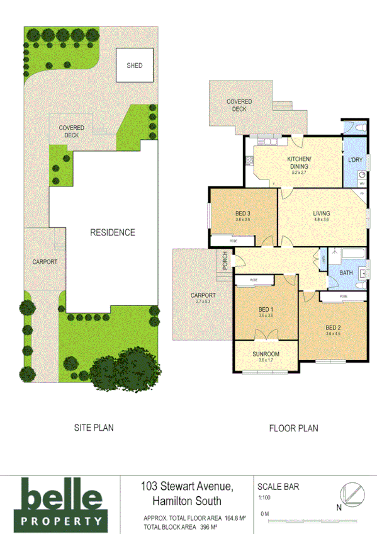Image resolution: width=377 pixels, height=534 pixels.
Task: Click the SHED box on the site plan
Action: tap(135, 65)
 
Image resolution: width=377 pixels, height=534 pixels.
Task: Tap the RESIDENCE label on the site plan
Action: tap(112, 232)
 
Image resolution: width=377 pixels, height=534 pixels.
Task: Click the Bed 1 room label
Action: tap(266, 310)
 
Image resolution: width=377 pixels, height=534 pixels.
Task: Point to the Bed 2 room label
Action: tap(333, 327)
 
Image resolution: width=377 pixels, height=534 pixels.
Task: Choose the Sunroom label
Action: tap(266, 355)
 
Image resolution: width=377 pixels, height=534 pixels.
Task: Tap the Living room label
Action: tap(322, 214)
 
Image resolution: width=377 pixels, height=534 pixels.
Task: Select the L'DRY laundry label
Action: tap(356, 160)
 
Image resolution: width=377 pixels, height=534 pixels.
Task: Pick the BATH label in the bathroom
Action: tap(346, 273)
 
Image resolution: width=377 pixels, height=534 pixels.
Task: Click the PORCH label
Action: tap(224, 259)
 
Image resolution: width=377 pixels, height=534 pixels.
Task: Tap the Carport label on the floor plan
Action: tap(203, 295)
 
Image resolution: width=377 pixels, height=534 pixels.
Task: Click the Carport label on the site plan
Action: tap(45, 262)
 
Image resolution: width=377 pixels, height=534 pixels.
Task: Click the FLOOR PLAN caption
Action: tap(293, 428)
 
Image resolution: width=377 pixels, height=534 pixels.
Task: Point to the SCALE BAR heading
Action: tap(278, 486)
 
